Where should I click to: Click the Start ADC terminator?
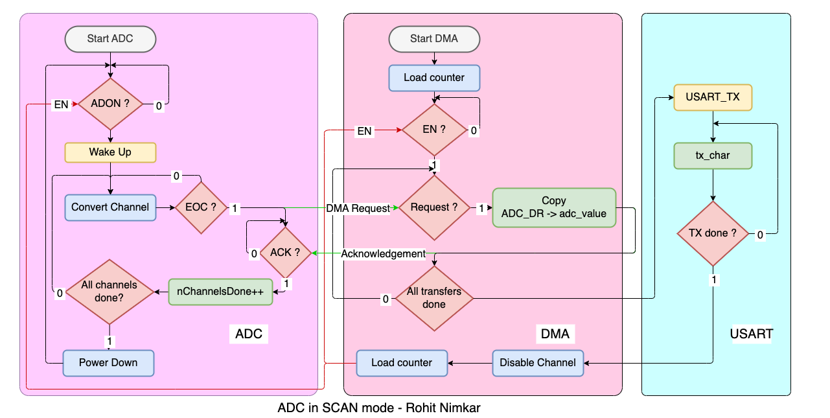point(110,39)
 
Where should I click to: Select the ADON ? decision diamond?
point(110,104)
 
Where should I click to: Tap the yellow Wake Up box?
point(110,152)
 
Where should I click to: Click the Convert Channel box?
point(110,207)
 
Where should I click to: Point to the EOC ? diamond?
point(201,207)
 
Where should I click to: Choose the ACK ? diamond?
point(285,253)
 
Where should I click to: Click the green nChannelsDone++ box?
point(220,292)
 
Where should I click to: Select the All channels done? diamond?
point(109,292)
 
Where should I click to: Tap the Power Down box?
point(109,363)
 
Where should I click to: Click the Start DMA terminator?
point(434,39)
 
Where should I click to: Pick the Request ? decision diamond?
point(434,207)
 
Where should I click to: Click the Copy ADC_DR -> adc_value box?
point(554,207)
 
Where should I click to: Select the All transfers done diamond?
point(434,298)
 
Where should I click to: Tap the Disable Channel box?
point(538,363)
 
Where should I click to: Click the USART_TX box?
point(713,97)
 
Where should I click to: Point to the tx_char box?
point(713,156)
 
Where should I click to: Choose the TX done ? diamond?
point(713,233)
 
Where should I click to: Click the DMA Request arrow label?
point(358,208)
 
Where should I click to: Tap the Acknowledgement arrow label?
point(384,253)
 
